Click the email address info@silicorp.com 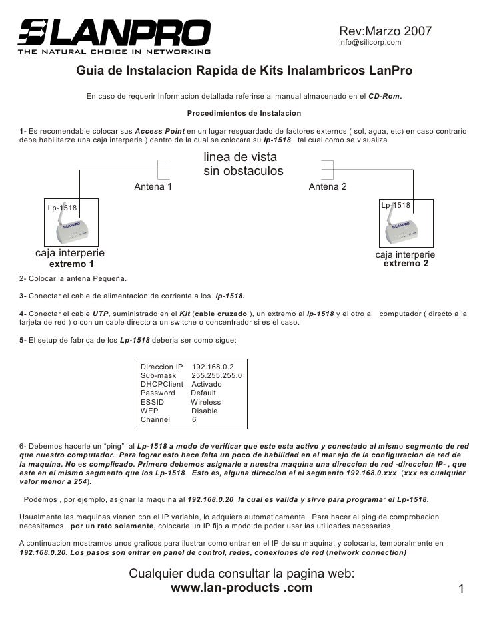(370, 43)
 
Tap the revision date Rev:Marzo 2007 (386, 31)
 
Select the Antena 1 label (153, 187)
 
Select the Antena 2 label (328, 187)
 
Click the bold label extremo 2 (406, 264)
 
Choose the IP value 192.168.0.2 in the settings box (214, 367)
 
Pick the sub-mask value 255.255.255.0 (217, 375)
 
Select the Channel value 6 (194, 419)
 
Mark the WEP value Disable (204, 411)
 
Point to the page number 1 (460, 589)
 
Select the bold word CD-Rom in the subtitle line (384, 96)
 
